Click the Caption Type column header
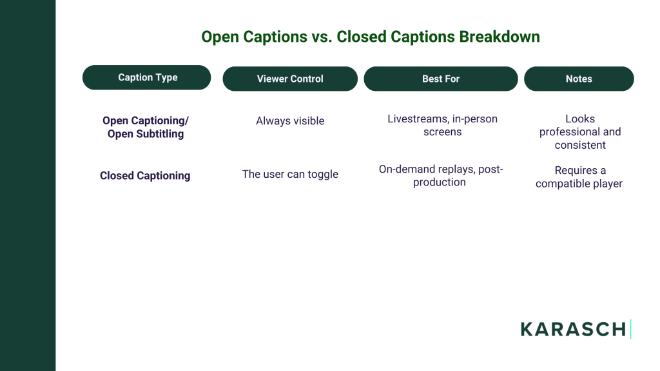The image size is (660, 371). (x=147, y=77)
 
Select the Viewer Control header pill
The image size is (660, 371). (x=290, y=79)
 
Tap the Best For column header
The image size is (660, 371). (x=441, y=79)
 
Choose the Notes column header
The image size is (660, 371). (x=579, y=79)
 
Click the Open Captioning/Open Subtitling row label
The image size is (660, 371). (x=146, y=127)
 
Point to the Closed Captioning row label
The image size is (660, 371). (x=145, y=175)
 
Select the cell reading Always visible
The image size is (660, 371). (x=290, y=120)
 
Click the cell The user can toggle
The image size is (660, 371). (x=290, y=174)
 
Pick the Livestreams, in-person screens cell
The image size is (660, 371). (x=442, y=125)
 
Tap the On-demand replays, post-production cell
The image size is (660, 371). (x=441, y=175)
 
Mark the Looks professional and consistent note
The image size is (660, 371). (x=580, y=131)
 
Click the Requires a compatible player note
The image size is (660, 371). (x=579, y=176)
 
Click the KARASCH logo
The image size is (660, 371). (x=573, y=329)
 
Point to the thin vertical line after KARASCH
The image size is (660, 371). (x=631, y=329)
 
